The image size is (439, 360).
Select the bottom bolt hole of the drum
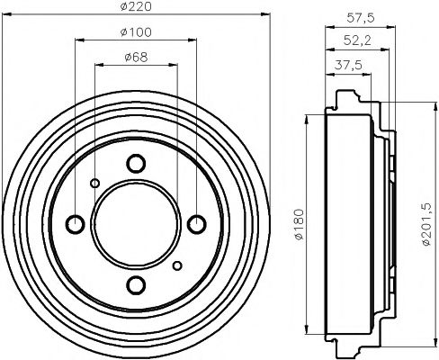(135, 285)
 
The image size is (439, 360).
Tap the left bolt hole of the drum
(75, 224)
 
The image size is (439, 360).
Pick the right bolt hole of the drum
(196, 224)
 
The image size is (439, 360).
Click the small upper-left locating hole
(94, 183)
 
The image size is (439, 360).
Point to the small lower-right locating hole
(176, 265)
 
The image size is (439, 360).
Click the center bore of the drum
(135, 224)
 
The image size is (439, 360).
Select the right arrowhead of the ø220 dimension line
(265, 14)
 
